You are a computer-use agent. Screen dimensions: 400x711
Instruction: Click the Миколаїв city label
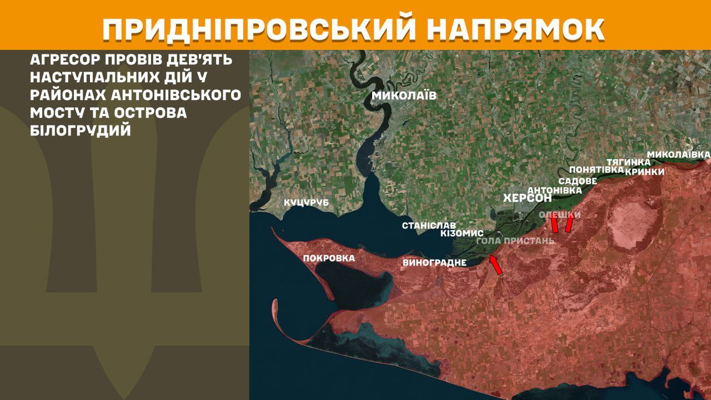click(x=404, y=96)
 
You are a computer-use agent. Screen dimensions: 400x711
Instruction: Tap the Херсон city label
click(x=527, y=198)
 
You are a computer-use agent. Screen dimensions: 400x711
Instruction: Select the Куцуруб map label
click(x=306, y=203)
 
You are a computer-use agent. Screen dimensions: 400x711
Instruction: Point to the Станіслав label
click(x=429, y=226)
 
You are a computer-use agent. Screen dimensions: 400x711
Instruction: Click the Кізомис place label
click(x=462, y=233)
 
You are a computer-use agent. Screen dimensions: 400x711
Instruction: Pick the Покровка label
click(x=329, y=258)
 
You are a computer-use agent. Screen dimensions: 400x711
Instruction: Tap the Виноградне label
click(x=434, y=262)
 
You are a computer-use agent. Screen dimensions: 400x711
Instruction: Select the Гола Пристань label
click(x=515, y=241)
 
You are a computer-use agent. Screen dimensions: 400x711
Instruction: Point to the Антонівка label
click(x=554, y=190)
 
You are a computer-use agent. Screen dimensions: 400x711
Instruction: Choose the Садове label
click(x=578, y=181)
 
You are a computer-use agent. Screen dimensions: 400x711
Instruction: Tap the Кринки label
click(x=644, y=172)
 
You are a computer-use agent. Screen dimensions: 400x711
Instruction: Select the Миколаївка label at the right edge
click(x=679, y=153)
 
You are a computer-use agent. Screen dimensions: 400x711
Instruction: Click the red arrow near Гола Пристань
click(x=495, y=265)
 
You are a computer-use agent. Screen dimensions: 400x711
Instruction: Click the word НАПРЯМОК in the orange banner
click(x=517, y=29)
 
